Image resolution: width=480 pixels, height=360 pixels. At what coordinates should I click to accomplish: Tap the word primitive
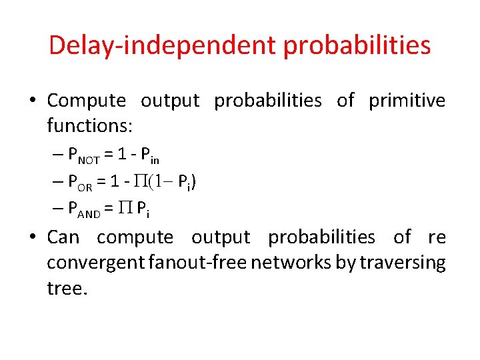click(x=407, y=101)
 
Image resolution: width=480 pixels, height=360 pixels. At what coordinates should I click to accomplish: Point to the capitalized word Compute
click(x=87, y=101)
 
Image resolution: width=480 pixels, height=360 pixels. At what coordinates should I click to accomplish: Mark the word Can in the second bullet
click(x=63, y=237)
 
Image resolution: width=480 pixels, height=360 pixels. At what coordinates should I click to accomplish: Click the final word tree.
click(x=67, y=288)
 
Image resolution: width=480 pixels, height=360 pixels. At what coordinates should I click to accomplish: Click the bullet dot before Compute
click(x=33, y=101)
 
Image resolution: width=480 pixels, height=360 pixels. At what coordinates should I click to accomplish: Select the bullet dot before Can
click(x=33, y=238)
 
